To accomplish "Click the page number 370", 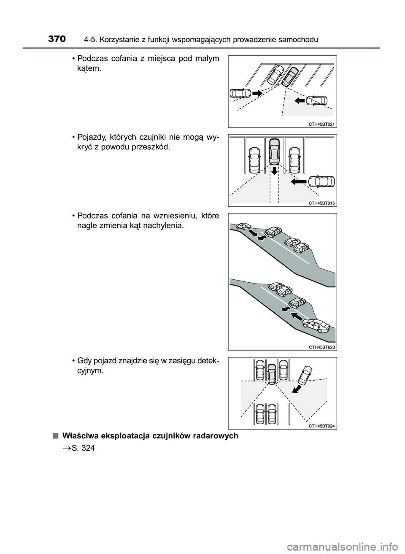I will tap(57, 39).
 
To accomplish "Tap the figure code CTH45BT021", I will tap(321, 124).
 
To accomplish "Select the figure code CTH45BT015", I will tap(321, 203).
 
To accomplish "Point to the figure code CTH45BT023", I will tap(321, 347).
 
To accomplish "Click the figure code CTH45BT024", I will tap(321, 426).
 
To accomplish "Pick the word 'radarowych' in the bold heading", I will tap(216, 435).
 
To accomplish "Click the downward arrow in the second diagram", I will tap(274, 170).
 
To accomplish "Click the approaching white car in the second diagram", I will tap(321, 181).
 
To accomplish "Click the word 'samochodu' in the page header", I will tap(300, 40).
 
